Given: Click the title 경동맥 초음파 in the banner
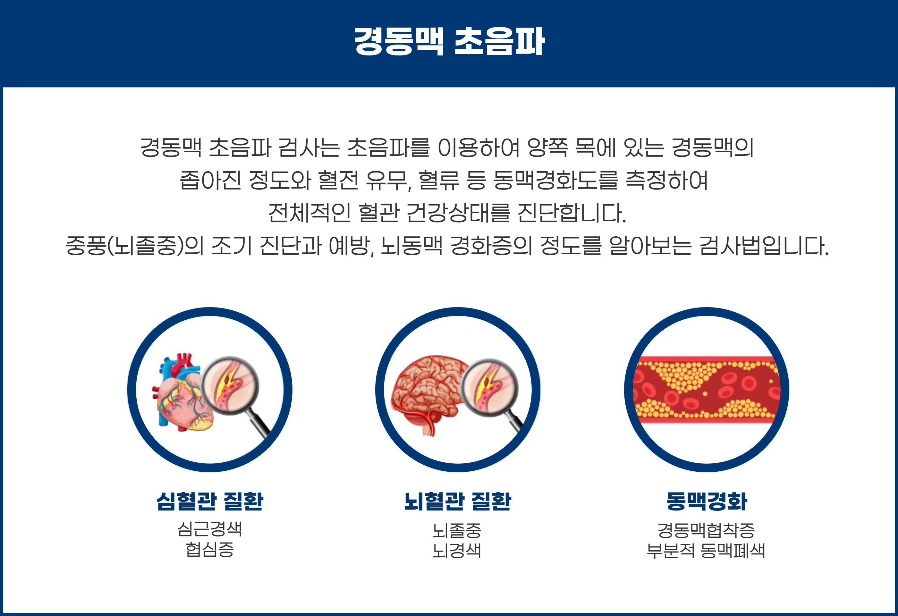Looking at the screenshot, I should pyautogui.click(x=449, y=41).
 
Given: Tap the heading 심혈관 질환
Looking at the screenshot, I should pyautogui.click(x=210, y=502).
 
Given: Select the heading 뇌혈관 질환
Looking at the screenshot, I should pyautogui.click(x=458, y=502).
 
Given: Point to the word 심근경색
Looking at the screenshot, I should pyautogui.click(x=210, y=529).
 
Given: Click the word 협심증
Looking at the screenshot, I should pyautogui.click(x=210, y=550).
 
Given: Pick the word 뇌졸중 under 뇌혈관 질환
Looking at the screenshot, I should pyautogui.click(x=457, y=530).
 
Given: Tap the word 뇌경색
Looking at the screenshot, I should pyautogui.click(x=457, y=551).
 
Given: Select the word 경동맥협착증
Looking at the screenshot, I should pyautogui.click(x=706, y=530).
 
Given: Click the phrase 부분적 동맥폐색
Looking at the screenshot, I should pyautogui.click(x=706, y=551).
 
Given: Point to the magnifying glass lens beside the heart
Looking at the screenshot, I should pyautogui.click(x=231, y=385).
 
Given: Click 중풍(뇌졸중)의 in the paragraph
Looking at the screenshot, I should pyautogui.click(x=134, y=246).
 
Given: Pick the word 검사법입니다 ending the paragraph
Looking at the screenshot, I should pyautogui.click(x=764, y=246).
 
